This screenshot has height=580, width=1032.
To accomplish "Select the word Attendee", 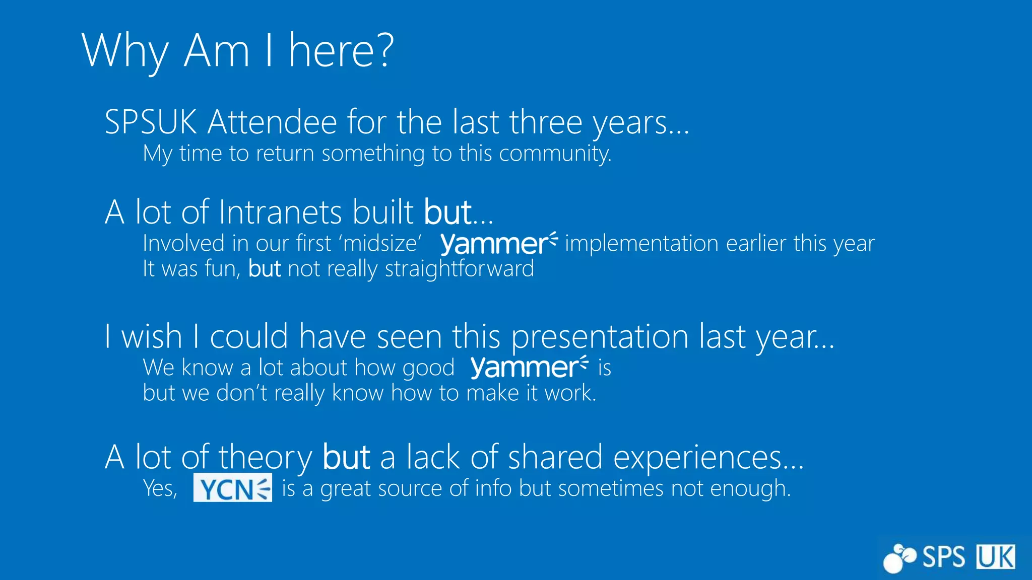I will click(x=272, y=122).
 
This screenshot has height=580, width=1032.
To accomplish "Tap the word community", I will click(x=555, y=154).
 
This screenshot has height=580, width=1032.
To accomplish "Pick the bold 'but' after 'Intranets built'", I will click(x=447, y=212).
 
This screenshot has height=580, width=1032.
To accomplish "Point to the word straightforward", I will click(x=459, y=269).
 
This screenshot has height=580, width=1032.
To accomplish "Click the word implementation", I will click(x=641, y=243).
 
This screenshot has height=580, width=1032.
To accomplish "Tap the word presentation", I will click(x=600, y=336).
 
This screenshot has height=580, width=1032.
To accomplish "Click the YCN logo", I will click(x=233, y=487).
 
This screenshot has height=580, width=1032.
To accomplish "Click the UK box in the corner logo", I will click(x=996, y=557).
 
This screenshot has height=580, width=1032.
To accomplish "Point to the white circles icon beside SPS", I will click(x=899, y=558).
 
